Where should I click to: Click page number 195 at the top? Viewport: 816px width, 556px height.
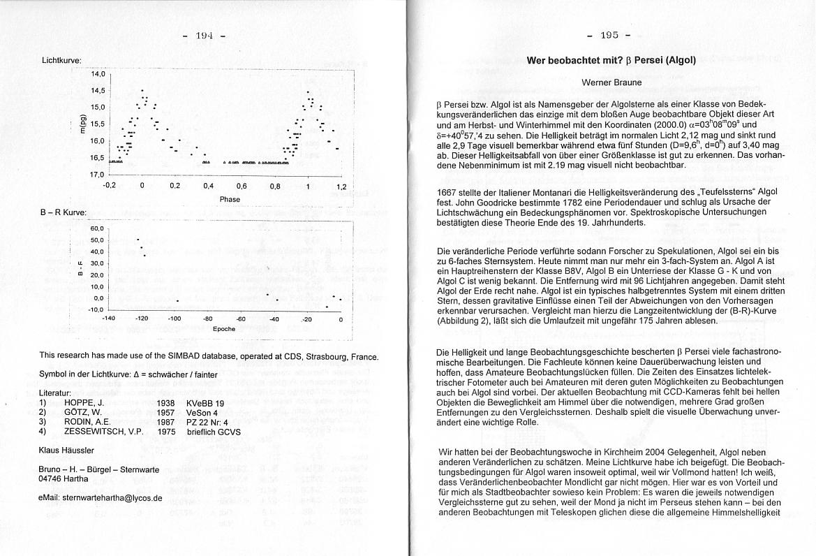[x=610, y=35]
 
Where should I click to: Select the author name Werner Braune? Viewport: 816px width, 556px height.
[x=611, y=82]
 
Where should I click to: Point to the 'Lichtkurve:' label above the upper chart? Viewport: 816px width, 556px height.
[x=61, y=61]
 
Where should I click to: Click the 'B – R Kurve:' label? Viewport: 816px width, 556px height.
[x=64, y=212]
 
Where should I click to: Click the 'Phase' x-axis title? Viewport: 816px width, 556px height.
[x=230, y=199]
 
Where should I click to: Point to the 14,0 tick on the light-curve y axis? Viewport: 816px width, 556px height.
[x=97, y=73]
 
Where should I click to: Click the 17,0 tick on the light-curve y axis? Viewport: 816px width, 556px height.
[x=97, y=174]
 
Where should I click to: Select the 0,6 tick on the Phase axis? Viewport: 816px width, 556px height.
[x=242, y=186]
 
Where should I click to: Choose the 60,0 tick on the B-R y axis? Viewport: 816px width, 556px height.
[x=97, y=228]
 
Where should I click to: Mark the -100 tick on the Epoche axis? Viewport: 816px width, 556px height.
[x=175, y=319]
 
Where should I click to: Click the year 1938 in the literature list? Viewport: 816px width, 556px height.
[x=166, y=403]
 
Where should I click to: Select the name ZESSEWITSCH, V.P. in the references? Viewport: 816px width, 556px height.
[x=103, y=432]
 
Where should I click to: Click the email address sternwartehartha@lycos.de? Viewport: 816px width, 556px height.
[x=101, y=498]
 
